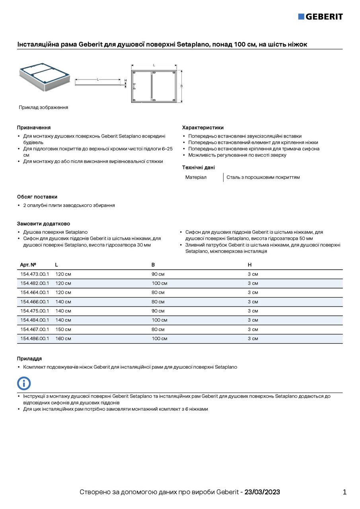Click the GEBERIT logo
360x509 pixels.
point(320,16)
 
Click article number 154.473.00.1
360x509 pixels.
point(35,274)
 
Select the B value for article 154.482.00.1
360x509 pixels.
point(160,283)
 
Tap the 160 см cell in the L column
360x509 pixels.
point(63,338)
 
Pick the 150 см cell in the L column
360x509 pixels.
point(63,329)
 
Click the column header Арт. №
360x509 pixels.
point(28,265)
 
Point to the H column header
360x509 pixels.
point(250,265)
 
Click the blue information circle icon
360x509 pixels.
point(24,383)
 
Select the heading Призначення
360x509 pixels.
point(34,128)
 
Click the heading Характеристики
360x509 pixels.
point(203,128)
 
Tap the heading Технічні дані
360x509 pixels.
point(198,167)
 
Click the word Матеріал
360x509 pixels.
point(196,177)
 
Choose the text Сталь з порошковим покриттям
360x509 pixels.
point(263,177)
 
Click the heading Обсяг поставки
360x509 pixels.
point(37,197)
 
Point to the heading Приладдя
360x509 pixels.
point(29,359)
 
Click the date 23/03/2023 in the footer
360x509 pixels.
point(262,492)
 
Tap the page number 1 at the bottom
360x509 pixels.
point(344,492)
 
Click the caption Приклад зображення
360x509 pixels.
point(43,107)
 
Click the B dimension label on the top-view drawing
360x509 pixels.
point(182,86)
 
